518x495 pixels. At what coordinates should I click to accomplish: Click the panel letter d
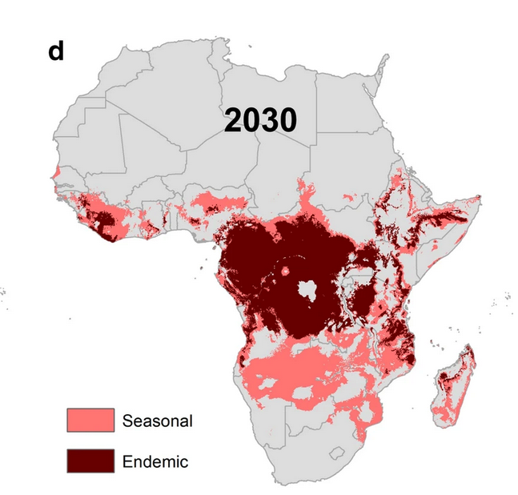(x=56, y=50)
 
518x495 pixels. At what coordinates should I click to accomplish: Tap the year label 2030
(x=260, y=119)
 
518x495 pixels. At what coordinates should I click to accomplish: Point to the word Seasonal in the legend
(x=158, y=420)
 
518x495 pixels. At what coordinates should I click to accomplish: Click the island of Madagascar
(x=452, y=388)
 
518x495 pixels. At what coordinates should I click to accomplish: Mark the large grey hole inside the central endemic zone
(x=308, y=290)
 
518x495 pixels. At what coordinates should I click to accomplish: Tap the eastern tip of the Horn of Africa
(x=479, y=196)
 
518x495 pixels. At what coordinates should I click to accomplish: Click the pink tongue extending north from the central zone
(x=304, y=192)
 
